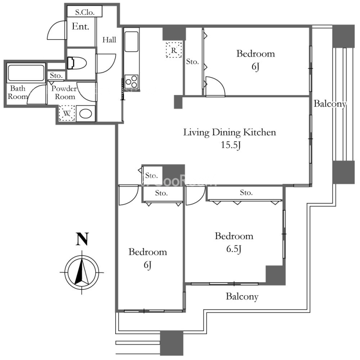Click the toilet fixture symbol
click(76, 63)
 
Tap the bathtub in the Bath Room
click(26, 73)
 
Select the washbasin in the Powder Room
click(85, 113)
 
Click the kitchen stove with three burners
click(131, 82)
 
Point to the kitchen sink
click(131, 41)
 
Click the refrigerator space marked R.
click(174, 49)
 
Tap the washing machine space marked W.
click(67, 113)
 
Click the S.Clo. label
click(85, 12)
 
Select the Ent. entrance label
click(81, 27)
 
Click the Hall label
click(109, 40)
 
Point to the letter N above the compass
click(82, 239)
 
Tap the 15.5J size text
click(230, 145)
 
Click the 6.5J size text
click(234, 249)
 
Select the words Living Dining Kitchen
click(229, 132)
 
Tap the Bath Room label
click(18, 92)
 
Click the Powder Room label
click(64, 92)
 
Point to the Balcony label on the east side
click(330, 104)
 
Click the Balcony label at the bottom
click(242, 297)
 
